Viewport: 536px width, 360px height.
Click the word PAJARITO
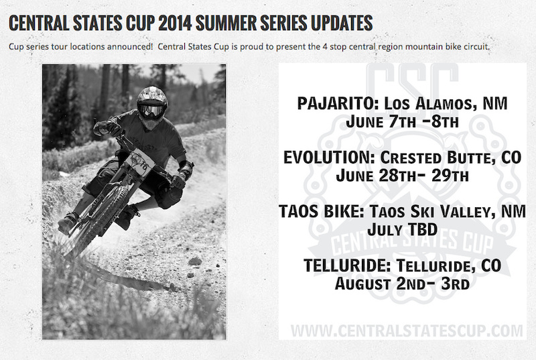pyautogui.click(x=338, y=104)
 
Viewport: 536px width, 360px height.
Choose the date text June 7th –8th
pyautogui.click(x=403, y=122)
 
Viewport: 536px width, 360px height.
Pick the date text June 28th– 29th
pyautogui.click(x=403, y=176)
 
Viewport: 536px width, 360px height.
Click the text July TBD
pyautogui.click(x=403, y=229)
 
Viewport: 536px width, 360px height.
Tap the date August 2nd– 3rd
pyautogui.click(x=403, y=283)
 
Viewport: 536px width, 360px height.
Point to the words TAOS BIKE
pyautogui.click(x=321, y=211)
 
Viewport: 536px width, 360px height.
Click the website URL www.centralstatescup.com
pyautogui.click(x=407, y=331)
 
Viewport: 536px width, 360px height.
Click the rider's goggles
pyautogui.click(x=152, y=110)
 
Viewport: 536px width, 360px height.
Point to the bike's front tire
pyautogui.click(x=99, y=219)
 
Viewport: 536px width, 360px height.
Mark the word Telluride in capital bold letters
pyautogui.click(x=346, y=265)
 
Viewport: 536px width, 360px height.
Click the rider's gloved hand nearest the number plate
pyautogui.click(x=178, y=180)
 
